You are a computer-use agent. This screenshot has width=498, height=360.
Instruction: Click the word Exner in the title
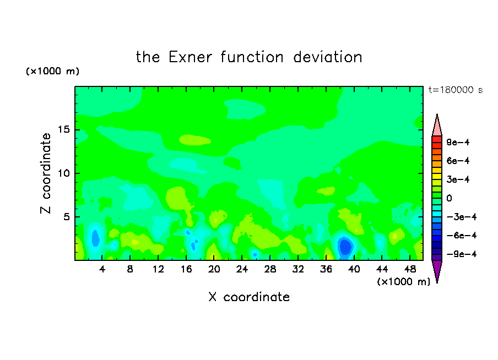pyautogui.click(x=190, y=57)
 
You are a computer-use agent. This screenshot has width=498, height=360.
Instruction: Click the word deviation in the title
pyautogui.click(x=327, y=57)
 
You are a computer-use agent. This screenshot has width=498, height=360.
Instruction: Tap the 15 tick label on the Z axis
pyautogui.click(x=64, y=129)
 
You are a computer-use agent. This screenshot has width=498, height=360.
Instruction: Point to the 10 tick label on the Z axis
pyautogui.click(x=64, y=173)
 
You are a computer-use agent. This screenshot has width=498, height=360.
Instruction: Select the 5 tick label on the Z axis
pyautogui.click(x=67, y=217)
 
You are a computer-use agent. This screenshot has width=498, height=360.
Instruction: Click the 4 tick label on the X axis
pyautogui.click(x=102, y=269)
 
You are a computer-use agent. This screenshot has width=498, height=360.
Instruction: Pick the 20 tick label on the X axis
pyautogui.click(x=214, y=269)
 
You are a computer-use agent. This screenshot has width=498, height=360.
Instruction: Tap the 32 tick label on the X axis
pyautogui.click(x=298, y=269)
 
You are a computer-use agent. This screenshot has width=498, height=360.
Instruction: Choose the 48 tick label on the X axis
pyautogui.click(x=410, y=269)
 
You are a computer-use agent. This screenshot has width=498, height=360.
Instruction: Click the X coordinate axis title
pyautogui.click(x=250, y=297)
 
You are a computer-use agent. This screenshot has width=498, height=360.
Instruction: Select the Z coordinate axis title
pyautogui.click(x=46, y=173)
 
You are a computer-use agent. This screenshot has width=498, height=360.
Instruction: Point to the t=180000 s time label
pyautogui.click(x=456, y=90)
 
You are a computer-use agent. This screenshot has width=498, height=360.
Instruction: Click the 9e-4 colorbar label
pyautogui.click(x=458, y=142)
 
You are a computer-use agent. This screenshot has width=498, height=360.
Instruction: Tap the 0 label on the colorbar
pyautogui.click(x=449, y=198)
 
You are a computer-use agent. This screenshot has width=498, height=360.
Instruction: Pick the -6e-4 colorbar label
pyautogui.click(x=462, y=236)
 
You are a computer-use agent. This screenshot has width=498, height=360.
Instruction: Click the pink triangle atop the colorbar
pyautogui.click(x=437, y=126)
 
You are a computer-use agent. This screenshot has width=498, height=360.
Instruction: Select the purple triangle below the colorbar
pyautogui.click(x=437, y=271)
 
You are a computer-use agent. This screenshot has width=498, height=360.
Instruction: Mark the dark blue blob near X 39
pyautogui.click(x=345, y=247)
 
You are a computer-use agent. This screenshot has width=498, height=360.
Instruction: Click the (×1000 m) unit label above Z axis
pyautogui.click(x=52, y=71)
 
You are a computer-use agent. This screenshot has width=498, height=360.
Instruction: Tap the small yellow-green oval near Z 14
pyautogui.click(x=195, y=140)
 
